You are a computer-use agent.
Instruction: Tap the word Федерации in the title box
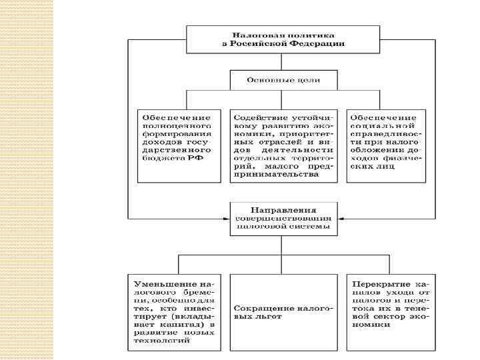pyautogui.click(x=317, y=43)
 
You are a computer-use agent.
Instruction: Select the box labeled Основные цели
pyautogui.click(x=283, y=80)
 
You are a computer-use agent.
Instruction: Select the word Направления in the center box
pyautogui.click(x=283, y=208)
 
